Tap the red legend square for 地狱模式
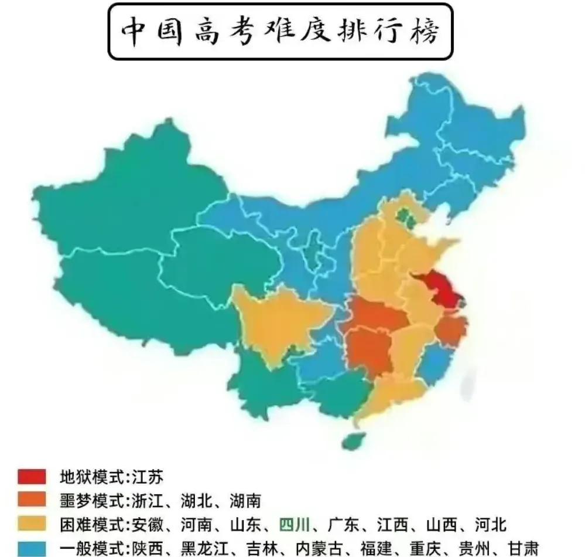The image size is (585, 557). [32, 477]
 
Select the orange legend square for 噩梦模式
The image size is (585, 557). [32, 500]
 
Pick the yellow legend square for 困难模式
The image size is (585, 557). [32, 523]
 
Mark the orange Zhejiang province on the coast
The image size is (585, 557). [451, 328]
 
